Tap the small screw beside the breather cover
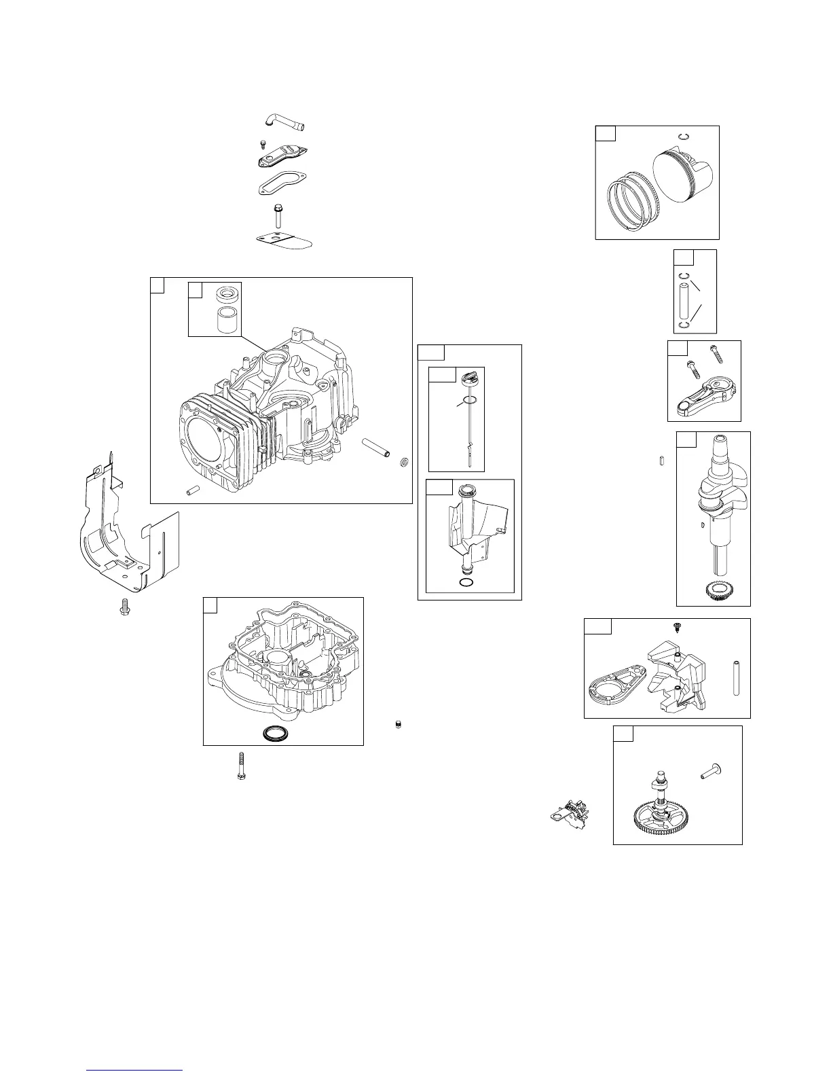[263, 144]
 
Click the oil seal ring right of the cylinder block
[403, 463]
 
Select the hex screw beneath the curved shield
[124, 607]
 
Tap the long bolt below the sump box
[241, 765]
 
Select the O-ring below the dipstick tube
[467, 583]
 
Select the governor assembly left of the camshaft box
[573, 812]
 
